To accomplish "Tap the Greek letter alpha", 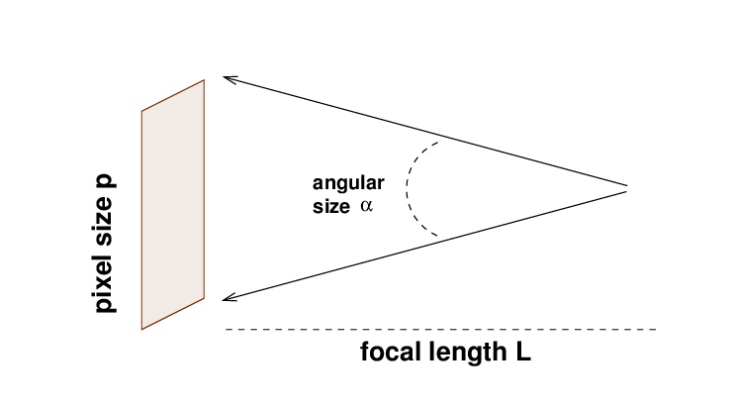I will click(366, 208).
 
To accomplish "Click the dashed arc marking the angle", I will click(410, 188).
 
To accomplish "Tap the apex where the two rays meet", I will click(627, 187).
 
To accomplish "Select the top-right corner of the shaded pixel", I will click(204, 79).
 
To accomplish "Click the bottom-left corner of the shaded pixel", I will click(141, 329).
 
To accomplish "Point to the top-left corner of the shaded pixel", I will click(141, 110).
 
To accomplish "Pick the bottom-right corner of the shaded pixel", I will click(204, 298).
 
